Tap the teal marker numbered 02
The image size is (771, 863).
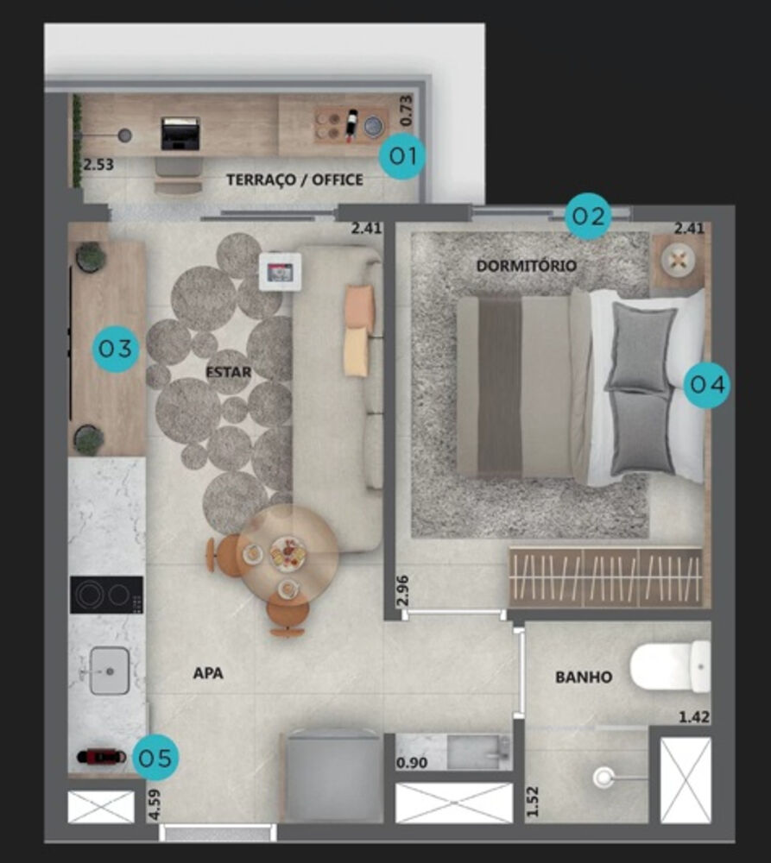point(588,216)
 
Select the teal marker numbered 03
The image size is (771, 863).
point(117,349)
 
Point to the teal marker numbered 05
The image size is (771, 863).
point(157,759)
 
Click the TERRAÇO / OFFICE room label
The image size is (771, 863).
point(294,180)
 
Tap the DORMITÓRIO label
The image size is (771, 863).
point(526,266)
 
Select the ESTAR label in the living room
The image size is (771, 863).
point(229,373)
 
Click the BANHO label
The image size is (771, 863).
point(584,677)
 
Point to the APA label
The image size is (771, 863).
point(208,673)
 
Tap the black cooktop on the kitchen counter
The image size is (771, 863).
point(106,595)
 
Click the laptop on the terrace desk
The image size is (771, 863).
point(180,134)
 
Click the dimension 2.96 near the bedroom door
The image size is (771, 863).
point(403,589)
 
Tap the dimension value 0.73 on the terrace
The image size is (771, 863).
point(408,110)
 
